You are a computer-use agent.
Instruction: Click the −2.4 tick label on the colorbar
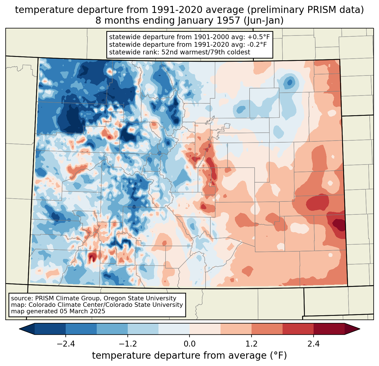[x=65, y=344]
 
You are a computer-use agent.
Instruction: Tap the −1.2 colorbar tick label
[x=127, y=344]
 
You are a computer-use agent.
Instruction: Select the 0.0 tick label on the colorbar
[x=189, y=344]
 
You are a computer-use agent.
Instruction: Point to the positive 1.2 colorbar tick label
[x=252, y=344]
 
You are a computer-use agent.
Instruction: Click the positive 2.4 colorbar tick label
[x=313, y=344]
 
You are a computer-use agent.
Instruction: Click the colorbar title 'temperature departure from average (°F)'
[x=189, y=356]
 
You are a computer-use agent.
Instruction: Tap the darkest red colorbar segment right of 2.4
[x=329, y=329]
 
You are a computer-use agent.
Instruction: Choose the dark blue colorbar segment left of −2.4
[x=50, y=329]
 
